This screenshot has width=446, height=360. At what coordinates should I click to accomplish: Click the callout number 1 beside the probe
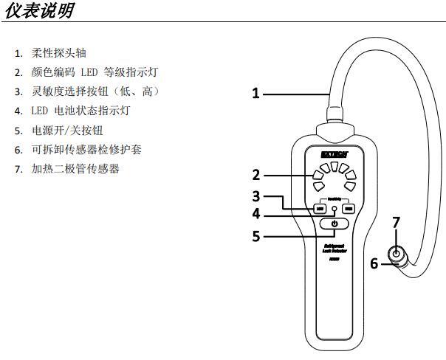click(x=255, y=93)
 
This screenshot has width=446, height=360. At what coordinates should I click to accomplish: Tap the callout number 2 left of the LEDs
click(x=255, y=176)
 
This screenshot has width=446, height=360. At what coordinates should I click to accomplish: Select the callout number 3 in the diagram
click(x=255, y=196)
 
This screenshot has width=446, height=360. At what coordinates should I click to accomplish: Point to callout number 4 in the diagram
click(x=255, y=215)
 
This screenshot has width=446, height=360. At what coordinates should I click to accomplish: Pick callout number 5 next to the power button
click(x=255, y=237)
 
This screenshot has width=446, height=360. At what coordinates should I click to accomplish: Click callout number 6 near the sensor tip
click(x=374, y=263)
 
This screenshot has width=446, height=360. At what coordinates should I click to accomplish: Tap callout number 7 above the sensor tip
click(x=396, y=222)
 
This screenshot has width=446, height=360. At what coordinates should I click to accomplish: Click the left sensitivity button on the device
click(x=320, y=209)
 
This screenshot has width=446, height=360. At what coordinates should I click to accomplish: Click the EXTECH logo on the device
click(x=334, y=153)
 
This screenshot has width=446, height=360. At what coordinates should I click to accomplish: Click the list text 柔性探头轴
click(x=59, y=53)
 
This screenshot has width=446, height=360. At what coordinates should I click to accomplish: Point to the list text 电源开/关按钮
click(x=69, y=131)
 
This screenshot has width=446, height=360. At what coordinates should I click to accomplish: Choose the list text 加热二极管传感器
click(x=75, y=169)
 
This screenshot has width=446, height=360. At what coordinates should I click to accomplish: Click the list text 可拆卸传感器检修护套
click(x=85, y=150)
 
